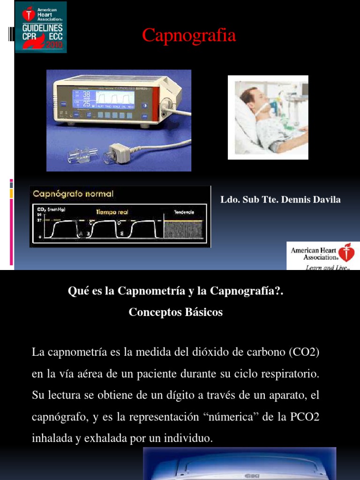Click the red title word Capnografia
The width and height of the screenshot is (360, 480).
[x=189, y=36]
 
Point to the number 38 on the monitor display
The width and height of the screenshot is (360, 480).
[x=87, y=94]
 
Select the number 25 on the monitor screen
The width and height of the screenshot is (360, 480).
[x=87, y=103]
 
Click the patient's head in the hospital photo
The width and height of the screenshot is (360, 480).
[x=251, y=96]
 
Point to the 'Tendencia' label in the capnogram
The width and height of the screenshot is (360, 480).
[x=184, y=212]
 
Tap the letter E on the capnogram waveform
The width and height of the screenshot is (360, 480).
[x=122, y=233]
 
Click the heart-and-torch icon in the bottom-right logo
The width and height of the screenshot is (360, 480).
[x=347, y=253]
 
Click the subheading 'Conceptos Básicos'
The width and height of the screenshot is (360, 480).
[x=176, y=313]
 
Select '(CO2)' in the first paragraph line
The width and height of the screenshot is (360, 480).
[x=304, y=352]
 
